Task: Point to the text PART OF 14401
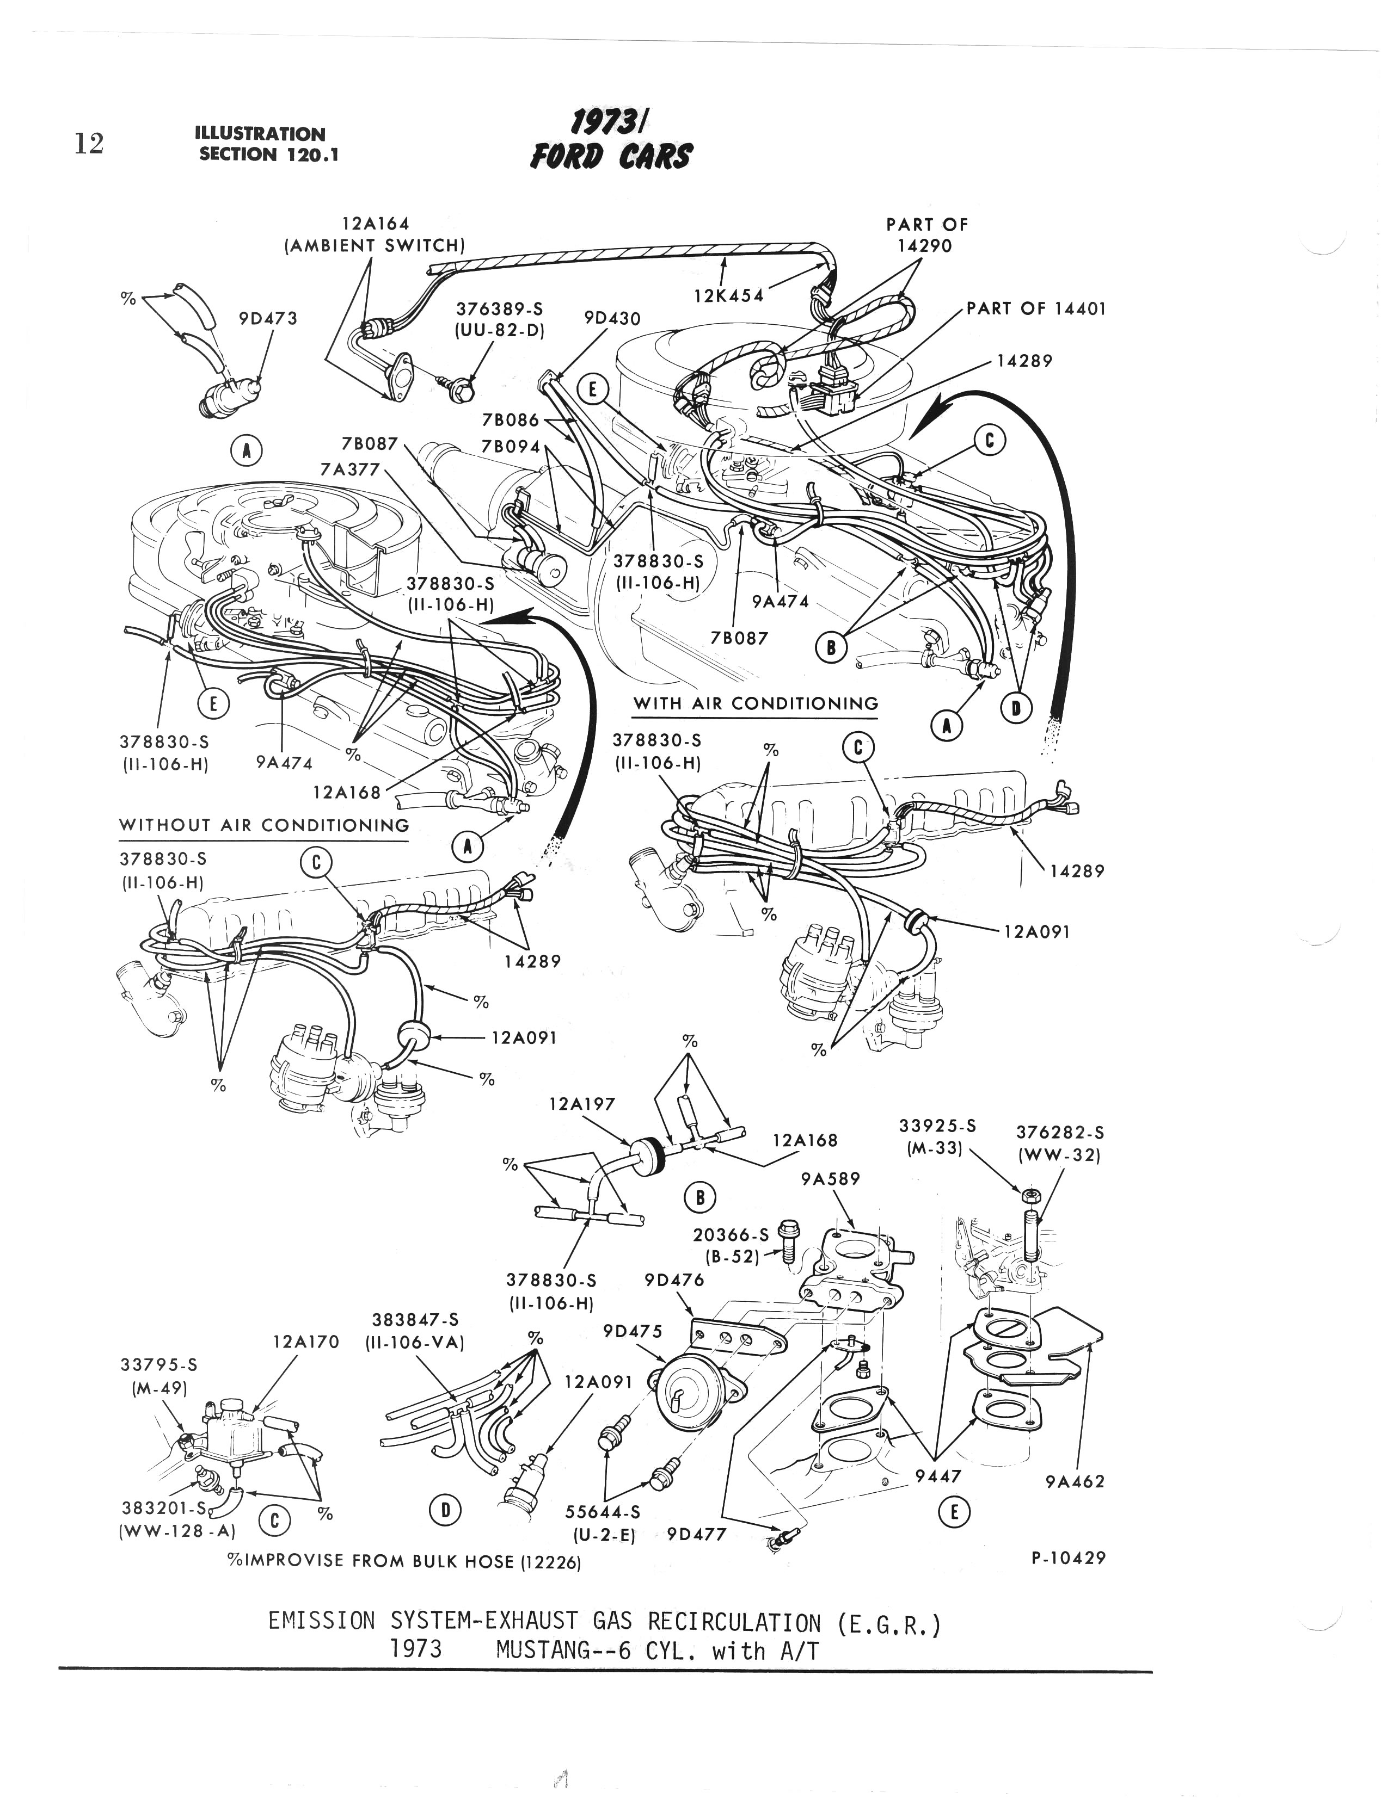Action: point(1035,308)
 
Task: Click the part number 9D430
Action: point(612,318)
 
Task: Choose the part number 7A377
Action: point(349,469)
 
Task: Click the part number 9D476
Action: point(674,1280)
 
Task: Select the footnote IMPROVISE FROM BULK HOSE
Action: point(404,1562)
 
